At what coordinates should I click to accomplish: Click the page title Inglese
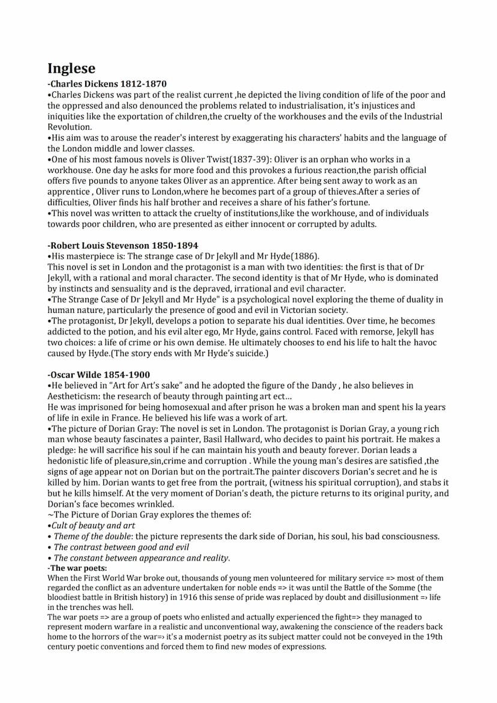pos(71,68)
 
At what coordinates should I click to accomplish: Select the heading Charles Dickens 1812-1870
pos(107,84)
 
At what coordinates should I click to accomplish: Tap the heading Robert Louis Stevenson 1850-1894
pos(122,246)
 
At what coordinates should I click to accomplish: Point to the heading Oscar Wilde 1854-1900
pos(99,375)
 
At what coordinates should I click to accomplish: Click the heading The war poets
pos(77,568)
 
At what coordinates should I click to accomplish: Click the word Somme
pos(395,588)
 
